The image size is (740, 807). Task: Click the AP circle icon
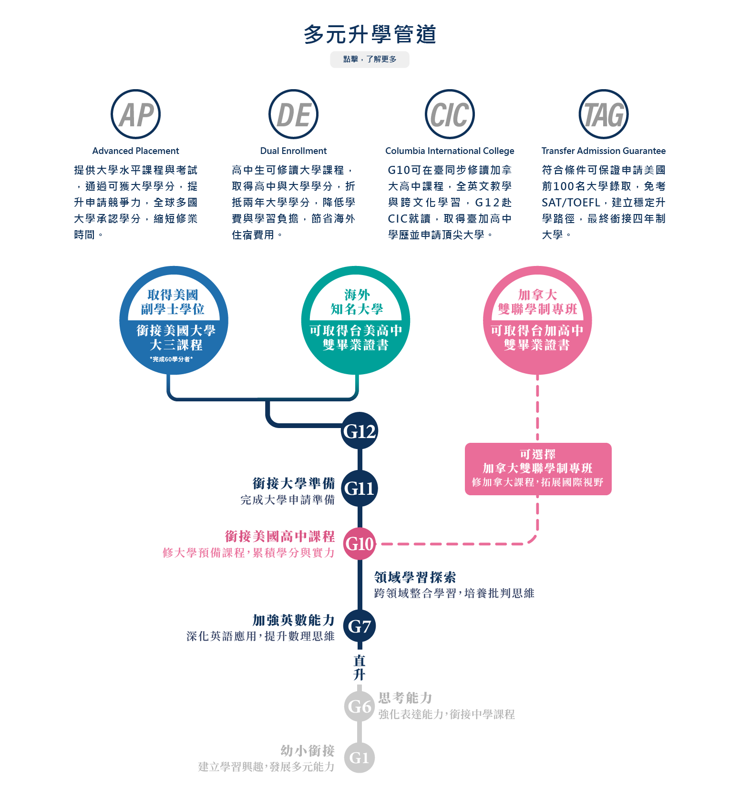[x=135, y=114]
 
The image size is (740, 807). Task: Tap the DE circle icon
[x=293, y=114]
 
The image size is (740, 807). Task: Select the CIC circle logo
[x=450, y=114]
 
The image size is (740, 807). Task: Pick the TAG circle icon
[x=604, y=114]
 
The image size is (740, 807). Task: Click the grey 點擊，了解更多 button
[x=370, y=60]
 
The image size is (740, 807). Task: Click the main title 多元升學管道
[x=370, y=34]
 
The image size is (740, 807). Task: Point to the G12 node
[x=360, y=431]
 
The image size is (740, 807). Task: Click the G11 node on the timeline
[x=360, y=488]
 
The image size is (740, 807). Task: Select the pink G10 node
[x=360, y=544]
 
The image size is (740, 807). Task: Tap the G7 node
[x=360, y=626]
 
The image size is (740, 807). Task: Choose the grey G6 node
[x=360, y=706]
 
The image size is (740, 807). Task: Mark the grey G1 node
[x=360, y=757]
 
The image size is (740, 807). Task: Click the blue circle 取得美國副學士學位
[x=174, y=320]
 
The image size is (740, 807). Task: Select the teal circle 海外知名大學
[x=356, y=320]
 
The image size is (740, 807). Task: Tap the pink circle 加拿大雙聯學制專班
[x=537, y=320]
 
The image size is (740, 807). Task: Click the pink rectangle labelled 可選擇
[x=538, y=469]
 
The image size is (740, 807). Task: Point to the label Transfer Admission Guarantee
[x=604, y=151]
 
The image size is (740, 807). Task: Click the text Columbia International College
[x=450, y=151]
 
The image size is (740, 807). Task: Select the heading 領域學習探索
[x=415, y=577]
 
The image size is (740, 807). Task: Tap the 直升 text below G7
[x=360, y=667]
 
